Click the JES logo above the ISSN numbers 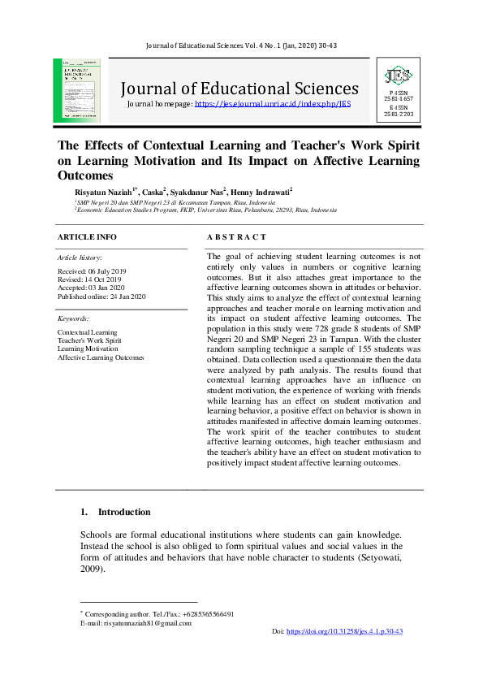tap(399, 76)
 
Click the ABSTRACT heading tap(236, 237)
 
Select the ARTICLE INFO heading tap(86, 237)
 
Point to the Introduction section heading tap(124, 513)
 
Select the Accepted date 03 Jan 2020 tap(91, 288)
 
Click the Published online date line tap(101, 297)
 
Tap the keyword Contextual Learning tap(87, 332)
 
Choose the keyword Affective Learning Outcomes tap(101, 357)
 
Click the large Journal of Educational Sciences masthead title tap(239, 89)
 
